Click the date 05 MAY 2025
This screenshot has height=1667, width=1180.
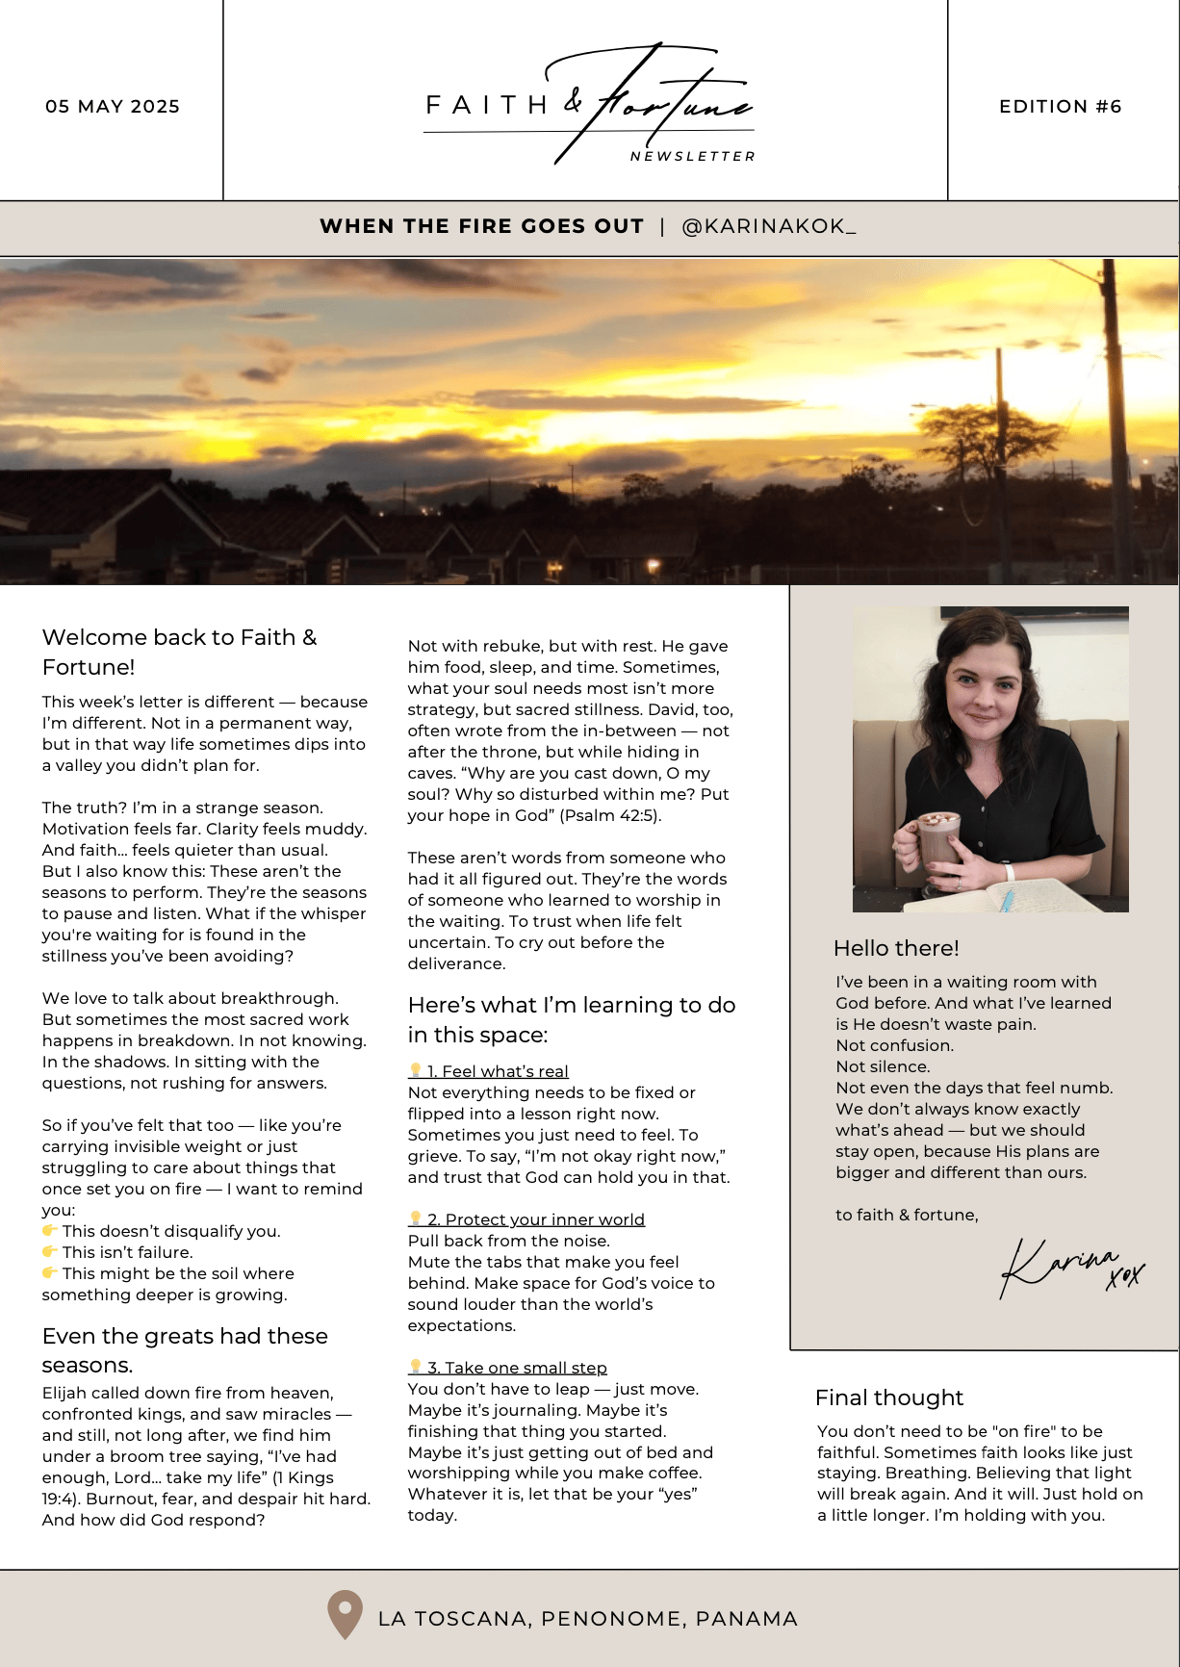click(x=113, y=107)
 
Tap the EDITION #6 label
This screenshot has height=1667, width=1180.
click(x=1060, y=107)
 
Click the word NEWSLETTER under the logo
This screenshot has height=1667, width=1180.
click(x=692, y=156)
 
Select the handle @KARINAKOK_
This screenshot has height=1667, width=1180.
click(x=768, y=226)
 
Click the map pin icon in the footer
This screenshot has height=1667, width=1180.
click(x=345, y=1614)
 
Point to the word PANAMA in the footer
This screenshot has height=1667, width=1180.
click(x=746, y=1619)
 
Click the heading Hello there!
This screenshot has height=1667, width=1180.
click(x=896, y=948)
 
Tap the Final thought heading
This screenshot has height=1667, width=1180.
click(x=888, y=1398)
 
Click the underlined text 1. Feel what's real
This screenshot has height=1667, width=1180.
click(x=497, y=1071)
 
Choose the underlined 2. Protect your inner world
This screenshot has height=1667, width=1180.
click(x=535, y=1219)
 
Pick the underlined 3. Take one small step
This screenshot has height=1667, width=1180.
click(x=516, y=1368)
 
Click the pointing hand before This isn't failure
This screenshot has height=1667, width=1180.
click(x=50, y=1251)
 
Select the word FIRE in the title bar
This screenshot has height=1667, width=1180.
click(x=481, y=226)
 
